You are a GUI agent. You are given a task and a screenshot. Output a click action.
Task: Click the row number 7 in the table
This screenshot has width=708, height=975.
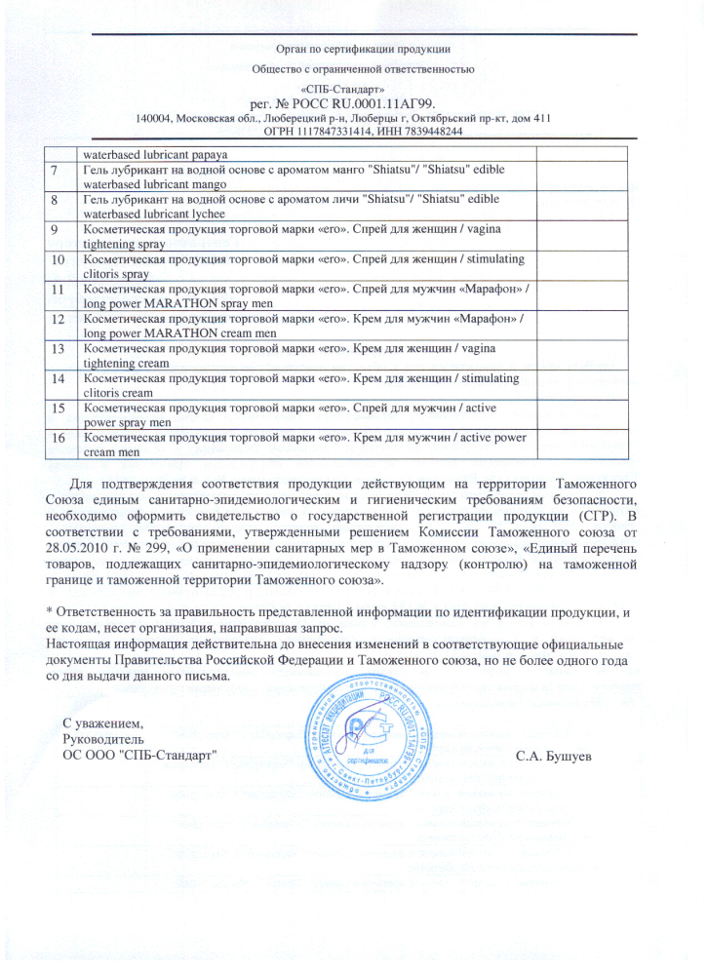57,170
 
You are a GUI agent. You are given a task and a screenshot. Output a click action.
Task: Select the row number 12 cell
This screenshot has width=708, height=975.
58,319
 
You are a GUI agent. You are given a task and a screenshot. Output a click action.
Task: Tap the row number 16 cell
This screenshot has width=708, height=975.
58,438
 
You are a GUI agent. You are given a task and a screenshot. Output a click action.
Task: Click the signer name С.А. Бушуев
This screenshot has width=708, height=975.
554,757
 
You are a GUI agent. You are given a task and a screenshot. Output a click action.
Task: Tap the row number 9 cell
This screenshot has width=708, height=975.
57,229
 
